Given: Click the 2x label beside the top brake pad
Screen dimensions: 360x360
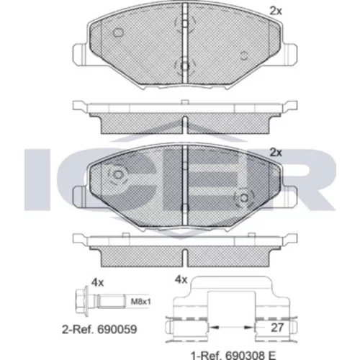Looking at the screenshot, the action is pyautogui.click(x=276, y=11).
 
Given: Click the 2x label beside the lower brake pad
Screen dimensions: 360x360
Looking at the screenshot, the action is pyautogui.click(x=276, y=153).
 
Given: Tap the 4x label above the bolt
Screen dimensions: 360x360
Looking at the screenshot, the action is pyautogui.click(x=97, y=283).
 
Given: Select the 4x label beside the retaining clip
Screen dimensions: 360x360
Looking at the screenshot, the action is pyautogui.click(x=181, y=279).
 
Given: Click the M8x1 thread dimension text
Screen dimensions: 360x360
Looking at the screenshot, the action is pyautogui.click(x=140, y=302).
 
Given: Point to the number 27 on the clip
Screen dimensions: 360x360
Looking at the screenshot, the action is pyautogui.click(x=277, y=328).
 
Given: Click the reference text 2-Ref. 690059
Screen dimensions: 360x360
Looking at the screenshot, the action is pyautogui.click(x=99, y=329).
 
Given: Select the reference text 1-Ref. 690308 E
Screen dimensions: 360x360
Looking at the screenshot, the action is pyautogui.click(x=233, y=355).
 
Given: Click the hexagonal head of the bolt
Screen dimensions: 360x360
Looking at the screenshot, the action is pyautogui.click(x=81, y=301).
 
